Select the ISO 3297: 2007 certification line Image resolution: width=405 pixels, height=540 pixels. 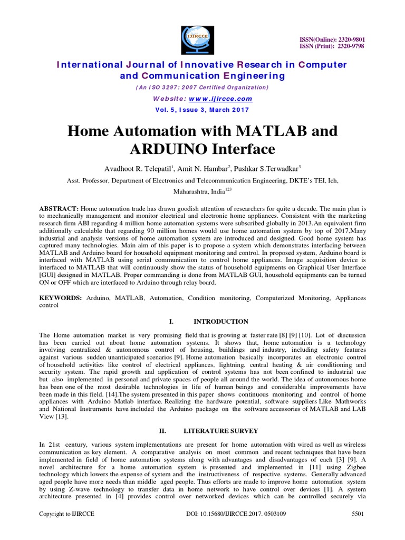point(202,88)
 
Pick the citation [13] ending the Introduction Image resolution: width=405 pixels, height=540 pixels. point(63,416)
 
